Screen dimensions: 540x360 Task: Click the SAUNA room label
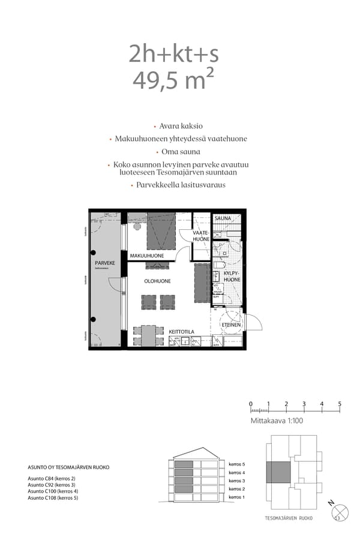pyautogui.click(x=223, y=219)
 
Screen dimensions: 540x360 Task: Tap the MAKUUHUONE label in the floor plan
pyautogui.click(x=147, y=256)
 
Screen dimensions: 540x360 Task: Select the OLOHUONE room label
pyautogui.click(x=157, y=281)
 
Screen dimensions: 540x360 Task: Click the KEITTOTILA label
pyautogui.click(x=181, y=331)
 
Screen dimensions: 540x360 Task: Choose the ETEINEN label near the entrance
pyautogui.click(x=231, y=325)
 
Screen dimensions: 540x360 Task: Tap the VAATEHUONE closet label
pyautogui.click(x=201, y=235)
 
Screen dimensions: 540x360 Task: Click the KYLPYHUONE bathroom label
pyautogui.click(x=232, y=276)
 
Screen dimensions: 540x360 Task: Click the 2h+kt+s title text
pyautogui.click(x=173, y=54)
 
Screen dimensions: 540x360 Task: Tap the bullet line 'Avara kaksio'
pyautogui.click(x=181, y=127)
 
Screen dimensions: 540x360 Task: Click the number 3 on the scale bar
pyautogui.click(x=304, y=404)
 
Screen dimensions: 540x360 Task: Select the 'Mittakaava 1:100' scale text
pyautogui.click(x=277, y=422)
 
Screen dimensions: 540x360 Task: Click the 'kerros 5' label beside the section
pyautogui.click(x=237, y=464)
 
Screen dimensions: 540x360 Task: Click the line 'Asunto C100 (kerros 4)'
pyautogui.click(x=53, y=491)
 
